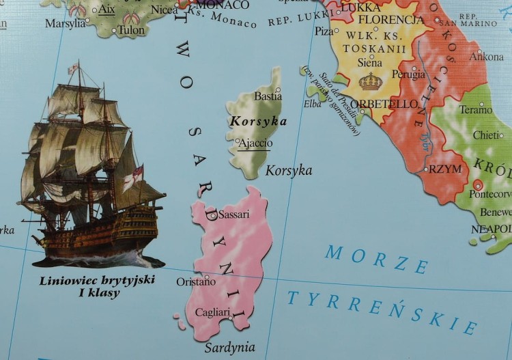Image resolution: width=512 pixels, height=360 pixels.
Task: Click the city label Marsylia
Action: pos(65,23)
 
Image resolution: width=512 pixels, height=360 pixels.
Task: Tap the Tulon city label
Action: pos(131,30)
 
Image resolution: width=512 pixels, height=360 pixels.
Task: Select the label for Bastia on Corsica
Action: pos(268,96)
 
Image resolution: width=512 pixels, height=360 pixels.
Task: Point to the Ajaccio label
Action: pos(255,143)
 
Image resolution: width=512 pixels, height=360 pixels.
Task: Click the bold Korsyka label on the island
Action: pos(258,121)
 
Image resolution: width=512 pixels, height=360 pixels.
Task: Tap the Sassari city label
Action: pos(233,214)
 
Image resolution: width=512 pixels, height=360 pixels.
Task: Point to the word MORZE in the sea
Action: pos(376,258)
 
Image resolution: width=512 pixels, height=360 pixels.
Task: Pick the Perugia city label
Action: pos(409,75)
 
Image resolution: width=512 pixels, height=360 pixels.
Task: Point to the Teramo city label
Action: pos(476,109)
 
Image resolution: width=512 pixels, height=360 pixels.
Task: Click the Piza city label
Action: pos(324,31)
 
